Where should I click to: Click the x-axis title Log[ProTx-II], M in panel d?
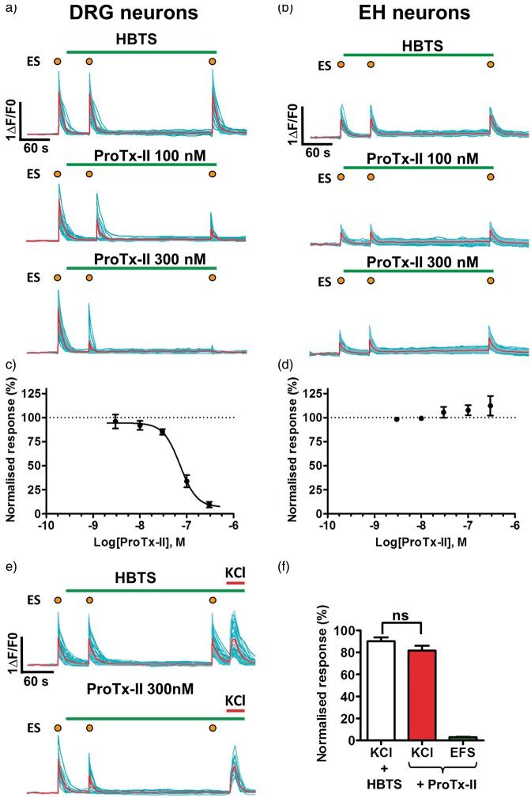pos(424,540)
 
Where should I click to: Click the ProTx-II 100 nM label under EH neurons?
pos(423,159)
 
